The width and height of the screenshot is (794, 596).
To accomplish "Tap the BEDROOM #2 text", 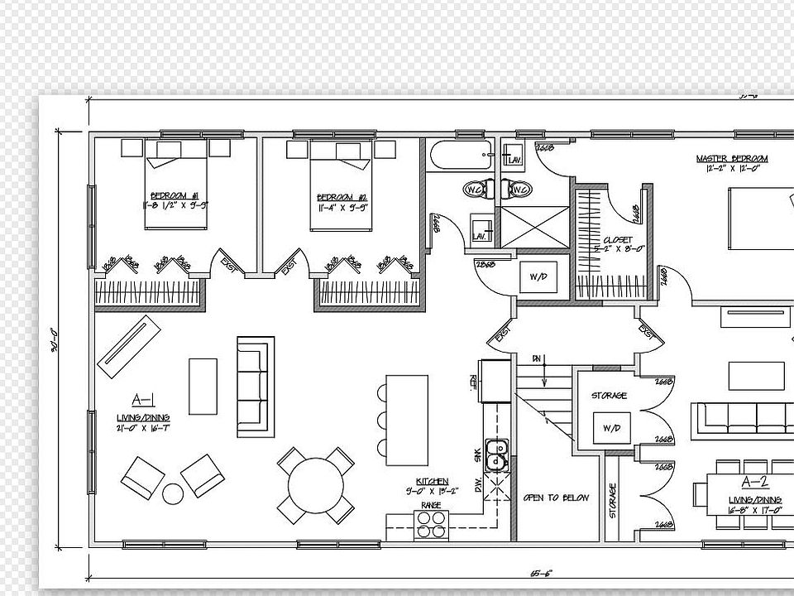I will point(342,197).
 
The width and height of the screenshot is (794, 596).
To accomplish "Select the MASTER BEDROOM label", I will point(731,158).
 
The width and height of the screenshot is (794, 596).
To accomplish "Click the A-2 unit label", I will point(754,483).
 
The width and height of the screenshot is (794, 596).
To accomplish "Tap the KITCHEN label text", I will point(432,481).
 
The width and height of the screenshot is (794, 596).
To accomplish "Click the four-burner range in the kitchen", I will point(430,525).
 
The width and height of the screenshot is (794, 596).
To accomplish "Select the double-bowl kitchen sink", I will point(496,454).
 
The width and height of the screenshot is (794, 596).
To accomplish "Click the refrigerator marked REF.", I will point(496,381).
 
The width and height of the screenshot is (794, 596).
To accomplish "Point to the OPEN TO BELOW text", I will point(556,497).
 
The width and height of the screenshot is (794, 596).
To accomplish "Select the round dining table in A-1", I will point(315,485).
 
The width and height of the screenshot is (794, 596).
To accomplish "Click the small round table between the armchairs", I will point(172,494).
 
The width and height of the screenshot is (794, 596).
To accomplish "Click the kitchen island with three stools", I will point(407,420).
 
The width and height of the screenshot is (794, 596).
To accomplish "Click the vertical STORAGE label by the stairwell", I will point(613,501).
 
